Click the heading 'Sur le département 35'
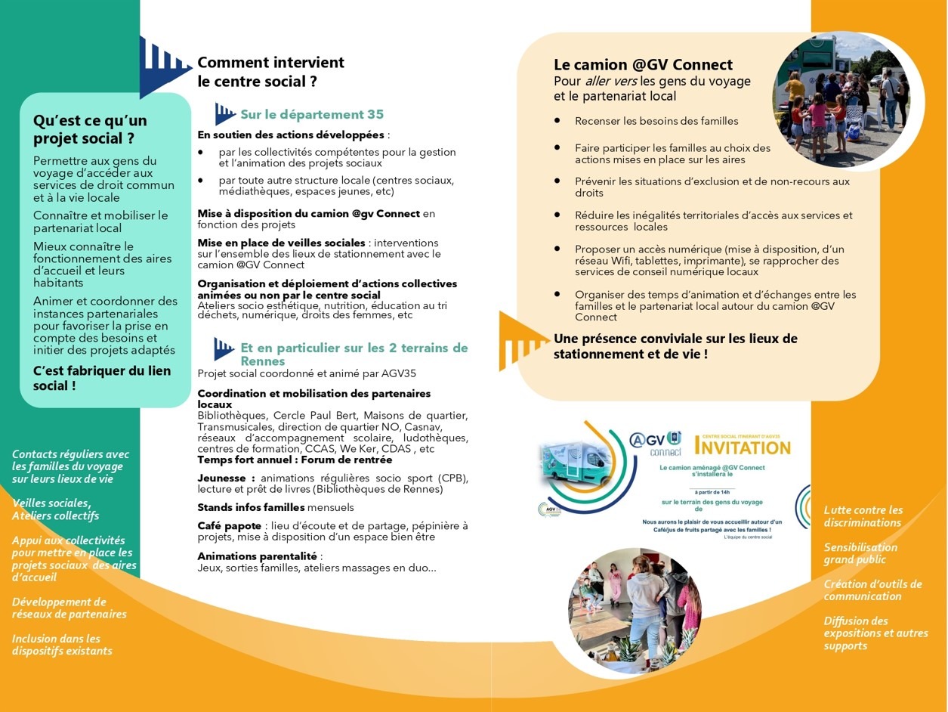[312, 115]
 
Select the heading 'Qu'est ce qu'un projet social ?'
[90, 129]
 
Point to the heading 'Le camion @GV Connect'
[643, 65]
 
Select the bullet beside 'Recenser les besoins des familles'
[557, 120]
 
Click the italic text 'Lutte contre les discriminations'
[863, 516]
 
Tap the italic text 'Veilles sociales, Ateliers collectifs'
[55, 509]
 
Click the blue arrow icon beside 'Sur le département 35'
[224, 114]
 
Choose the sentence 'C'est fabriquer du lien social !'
[102, 378]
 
